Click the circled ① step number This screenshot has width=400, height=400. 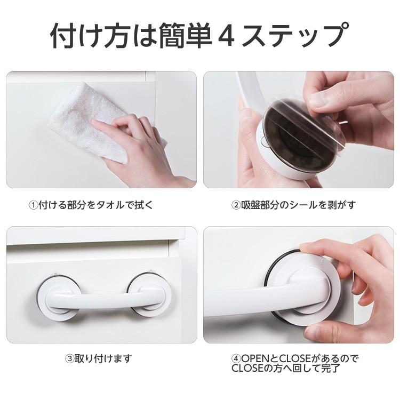click(33, 205)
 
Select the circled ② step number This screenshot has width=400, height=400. click(235, 205)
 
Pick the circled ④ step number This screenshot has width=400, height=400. click(236, 358)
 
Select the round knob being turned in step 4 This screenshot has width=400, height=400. click(312, 283)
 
